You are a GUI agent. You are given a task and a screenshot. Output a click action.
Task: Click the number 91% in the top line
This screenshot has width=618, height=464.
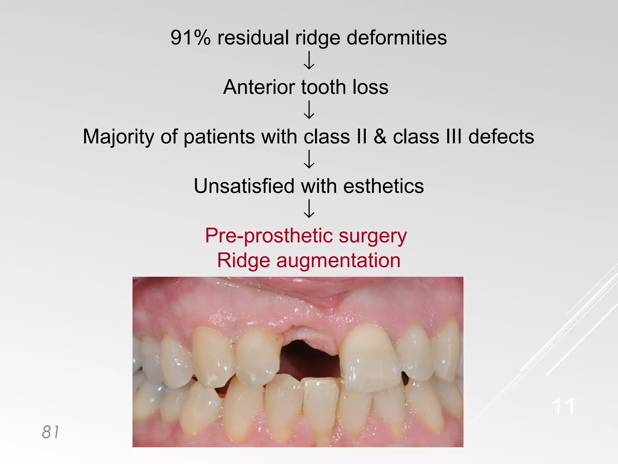coord(190,38)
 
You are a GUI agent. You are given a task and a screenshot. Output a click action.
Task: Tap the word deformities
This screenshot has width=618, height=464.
coord(397,38)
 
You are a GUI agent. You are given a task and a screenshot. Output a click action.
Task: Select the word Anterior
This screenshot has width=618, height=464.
coord(259,87)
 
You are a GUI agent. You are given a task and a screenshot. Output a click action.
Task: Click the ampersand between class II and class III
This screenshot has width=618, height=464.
coord(380,137)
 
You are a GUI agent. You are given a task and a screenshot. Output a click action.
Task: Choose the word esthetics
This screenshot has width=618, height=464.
coord(384,186)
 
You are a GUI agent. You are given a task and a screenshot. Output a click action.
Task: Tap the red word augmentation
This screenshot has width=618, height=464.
coord(338,260)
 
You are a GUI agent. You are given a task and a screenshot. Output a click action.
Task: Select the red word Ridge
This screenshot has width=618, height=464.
coord(244,260)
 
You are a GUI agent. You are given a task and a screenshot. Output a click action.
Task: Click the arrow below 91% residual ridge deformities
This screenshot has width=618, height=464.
coord(309,60)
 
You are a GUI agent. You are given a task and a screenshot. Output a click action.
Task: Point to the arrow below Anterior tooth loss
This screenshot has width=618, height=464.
coord(309,110)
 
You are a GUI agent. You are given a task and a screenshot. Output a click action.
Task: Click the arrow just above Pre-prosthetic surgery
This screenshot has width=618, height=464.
coord(309,209)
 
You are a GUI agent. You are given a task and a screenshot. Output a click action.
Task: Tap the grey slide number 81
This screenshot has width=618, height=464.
coord(50,432)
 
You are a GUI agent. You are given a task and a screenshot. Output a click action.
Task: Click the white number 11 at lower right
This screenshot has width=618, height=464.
coord(563,407)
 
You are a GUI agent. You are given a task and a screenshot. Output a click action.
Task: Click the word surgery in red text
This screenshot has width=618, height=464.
coord(373,236)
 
